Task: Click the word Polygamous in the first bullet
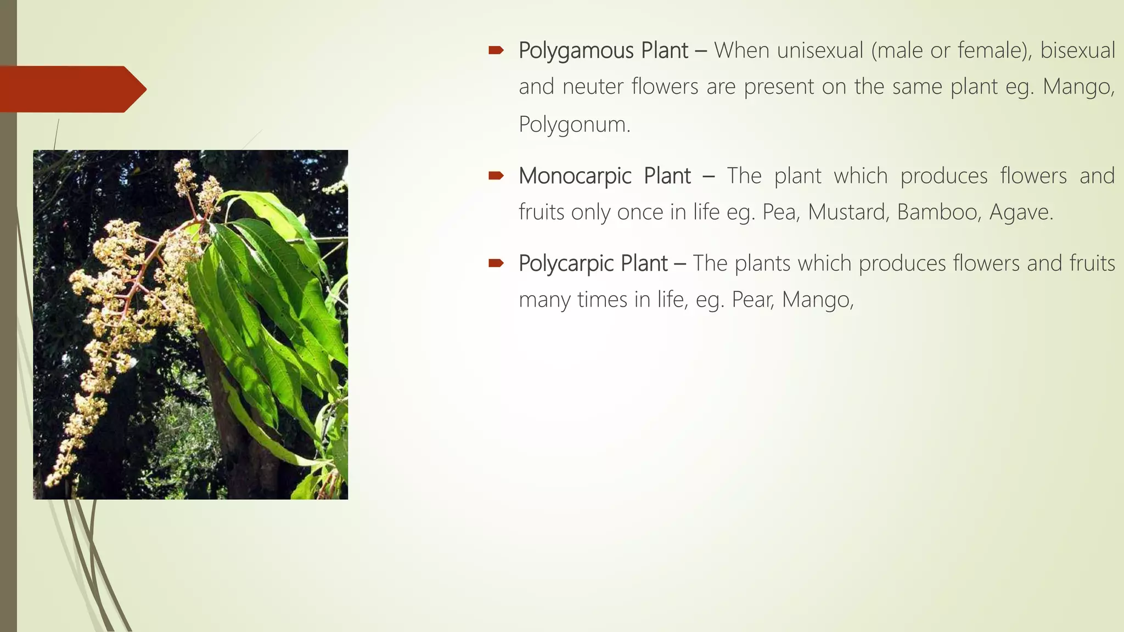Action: point(576,51)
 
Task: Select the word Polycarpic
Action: point(565,264)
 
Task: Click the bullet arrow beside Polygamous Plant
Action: point(496,51)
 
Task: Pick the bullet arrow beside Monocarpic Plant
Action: point(496,176)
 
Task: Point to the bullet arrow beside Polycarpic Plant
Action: point(496,264)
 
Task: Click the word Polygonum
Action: point(574,125)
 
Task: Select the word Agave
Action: point(1021,212)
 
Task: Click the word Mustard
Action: point(848,212)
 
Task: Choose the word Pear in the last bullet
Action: point(752,300)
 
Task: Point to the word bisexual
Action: point(1077,50)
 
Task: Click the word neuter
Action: point(593,87)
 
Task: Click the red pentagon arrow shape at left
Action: point(71,89)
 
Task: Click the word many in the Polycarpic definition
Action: point(544,300)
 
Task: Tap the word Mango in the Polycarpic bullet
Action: point(817,300)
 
